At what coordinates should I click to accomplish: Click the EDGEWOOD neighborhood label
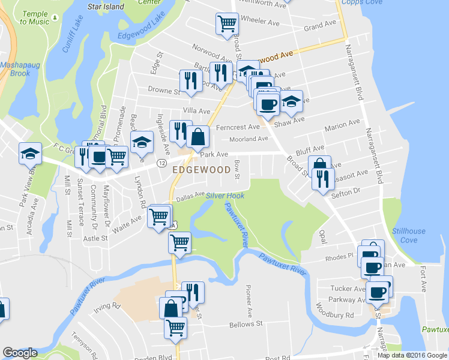click(x=202, y=170)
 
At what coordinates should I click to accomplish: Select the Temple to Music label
click(x=34, y=17)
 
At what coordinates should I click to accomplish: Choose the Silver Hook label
click(x=225, y=196)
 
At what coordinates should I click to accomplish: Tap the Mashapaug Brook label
click(x=15, y=69)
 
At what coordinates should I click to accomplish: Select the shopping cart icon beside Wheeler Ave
click(x=227, y=24)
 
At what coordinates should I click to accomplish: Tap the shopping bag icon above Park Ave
click(x=197, y=137)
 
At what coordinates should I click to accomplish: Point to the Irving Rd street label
click(x=108, y=306)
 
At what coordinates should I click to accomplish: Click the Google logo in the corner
click(x=20, y=353)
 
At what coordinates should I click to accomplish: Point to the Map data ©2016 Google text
click(x=412, y=355)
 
